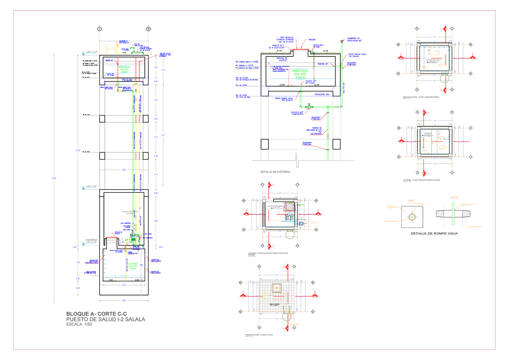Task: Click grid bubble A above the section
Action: coord(100,29)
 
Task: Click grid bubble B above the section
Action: coord(148,29)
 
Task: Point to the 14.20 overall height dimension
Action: coord(53,178)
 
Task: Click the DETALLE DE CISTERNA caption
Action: coord(275,172)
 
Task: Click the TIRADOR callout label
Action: coord(312,39)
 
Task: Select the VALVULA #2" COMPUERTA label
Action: coord(296,113)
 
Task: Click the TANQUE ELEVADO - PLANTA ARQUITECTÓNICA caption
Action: coord(424,98)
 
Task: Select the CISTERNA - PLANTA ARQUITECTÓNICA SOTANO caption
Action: coord(422,180)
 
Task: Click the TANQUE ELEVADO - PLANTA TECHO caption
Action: coord(259,335)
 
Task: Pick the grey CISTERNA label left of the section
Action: coord(92,240)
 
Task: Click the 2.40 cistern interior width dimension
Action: coord(124,285)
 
